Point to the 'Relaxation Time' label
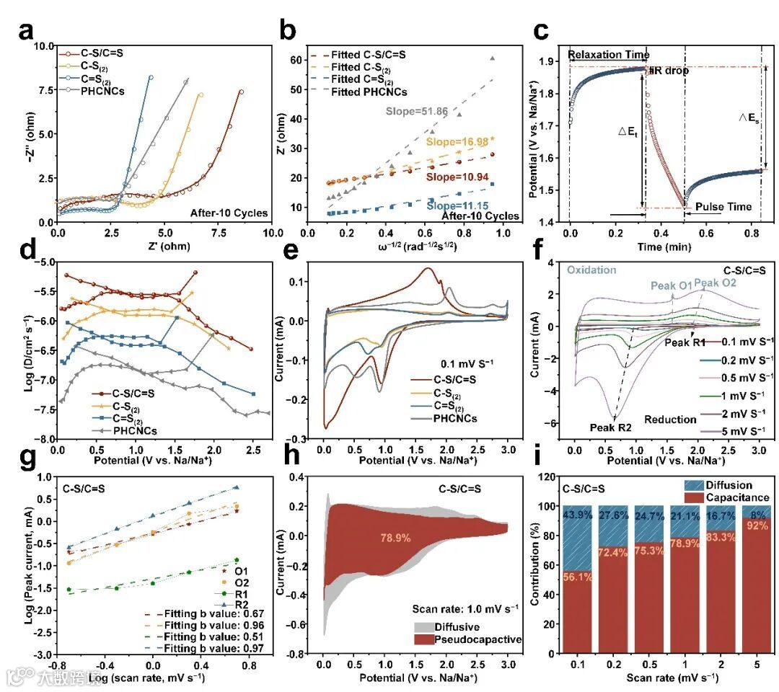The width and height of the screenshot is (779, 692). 608,55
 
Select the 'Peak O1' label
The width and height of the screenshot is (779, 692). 673,286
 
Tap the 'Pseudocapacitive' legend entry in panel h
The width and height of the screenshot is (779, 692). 468,639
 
